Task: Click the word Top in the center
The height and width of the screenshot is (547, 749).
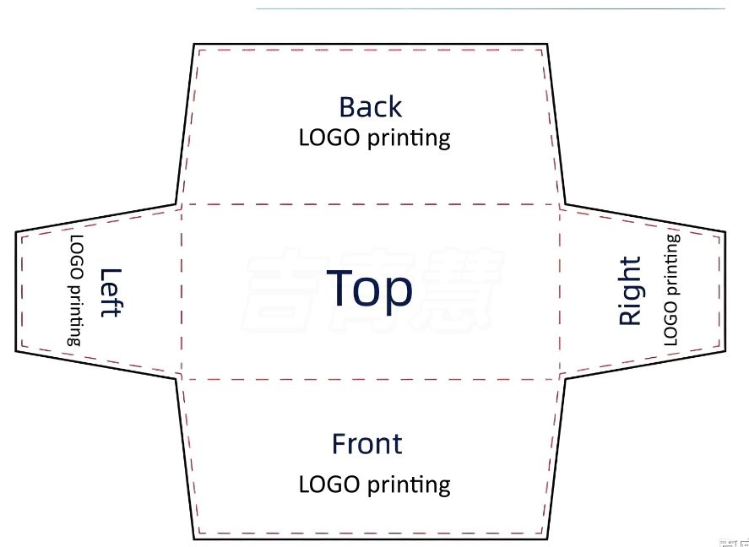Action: (x=369, y=290)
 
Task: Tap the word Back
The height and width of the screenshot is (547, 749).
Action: (x=370, y=107)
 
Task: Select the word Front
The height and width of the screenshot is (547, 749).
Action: (x=366, y=444)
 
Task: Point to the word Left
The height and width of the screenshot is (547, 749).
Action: (x=111, y=292)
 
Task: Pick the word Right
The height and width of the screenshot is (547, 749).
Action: (x=630, y=292)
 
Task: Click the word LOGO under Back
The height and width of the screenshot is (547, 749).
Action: (x=330, y=137)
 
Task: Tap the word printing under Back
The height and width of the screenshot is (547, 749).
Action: (x=409, y=138)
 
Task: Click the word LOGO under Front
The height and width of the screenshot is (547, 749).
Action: (x=330, y=485)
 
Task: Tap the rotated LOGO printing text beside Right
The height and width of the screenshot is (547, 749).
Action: (x=671, y=290)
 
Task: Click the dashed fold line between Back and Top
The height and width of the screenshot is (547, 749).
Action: (x=372, y=204)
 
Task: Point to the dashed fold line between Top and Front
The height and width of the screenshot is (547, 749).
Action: (x=372, y=379)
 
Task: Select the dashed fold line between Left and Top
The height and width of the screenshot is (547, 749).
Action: (x=180, y=291)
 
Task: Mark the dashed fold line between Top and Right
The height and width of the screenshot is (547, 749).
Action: (x=561, y=291)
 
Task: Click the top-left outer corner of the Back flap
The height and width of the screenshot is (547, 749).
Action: (x=194, y=44)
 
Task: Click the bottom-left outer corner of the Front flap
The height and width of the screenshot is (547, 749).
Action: (x=194, y=538)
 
